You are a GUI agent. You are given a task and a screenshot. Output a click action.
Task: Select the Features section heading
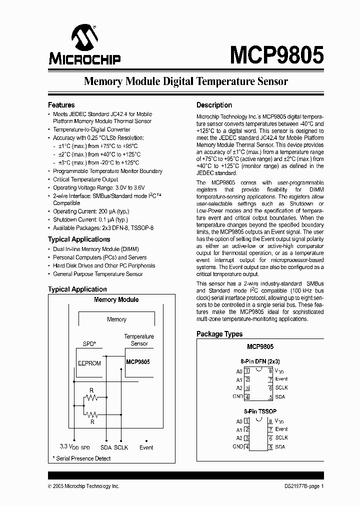(x=61, y=105)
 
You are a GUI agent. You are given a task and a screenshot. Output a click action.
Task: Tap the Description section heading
(x=214, y=105)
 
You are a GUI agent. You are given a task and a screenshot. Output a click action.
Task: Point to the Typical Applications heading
(x=79, y=239)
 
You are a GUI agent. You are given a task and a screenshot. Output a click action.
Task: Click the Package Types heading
(x=219, y=334)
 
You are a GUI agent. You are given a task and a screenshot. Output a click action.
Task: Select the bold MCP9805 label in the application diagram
(x=137, y=361)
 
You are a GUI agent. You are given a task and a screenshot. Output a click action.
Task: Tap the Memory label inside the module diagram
(x=116, y=319)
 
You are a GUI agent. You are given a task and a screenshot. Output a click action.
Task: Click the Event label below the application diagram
(x=146, y=447)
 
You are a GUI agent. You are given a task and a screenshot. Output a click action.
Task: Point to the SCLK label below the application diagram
(x=121, y=447)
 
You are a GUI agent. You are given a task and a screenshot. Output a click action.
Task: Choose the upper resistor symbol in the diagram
(x=91, y=398)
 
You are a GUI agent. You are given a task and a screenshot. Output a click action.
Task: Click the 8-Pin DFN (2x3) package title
(x=260, y=361)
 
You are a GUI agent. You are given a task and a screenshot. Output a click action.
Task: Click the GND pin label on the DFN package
(x=237, y=396)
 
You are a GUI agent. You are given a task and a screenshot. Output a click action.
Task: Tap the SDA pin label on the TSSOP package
(x=280, y=447)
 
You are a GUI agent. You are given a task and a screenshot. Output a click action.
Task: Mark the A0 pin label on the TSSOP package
(x=239, y=421)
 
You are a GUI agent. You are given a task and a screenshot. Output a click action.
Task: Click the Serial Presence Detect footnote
(x=82, y=458)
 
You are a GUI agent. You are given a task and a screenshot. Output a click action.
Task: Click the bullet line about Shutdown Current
(x=90, y=220)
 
